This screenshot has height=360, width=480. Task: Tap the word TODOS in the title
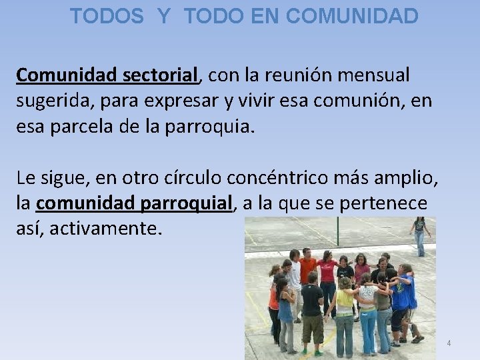[107, 16]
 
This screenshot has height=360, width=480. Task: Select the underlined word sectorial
[161, 75]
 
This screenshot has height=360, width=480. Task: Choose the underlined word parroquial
[187, 203]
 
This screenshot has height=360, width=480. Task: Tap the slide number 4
[449, 343]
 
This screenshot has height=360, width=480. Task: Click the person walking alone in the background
[420, 235]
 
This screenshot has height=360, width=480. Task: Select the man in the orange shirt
[307, 269]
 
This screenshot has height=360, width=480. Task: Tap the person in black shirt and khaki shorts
[311, 307]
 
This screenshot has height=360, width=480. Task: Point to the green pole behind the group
[337, 230]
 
